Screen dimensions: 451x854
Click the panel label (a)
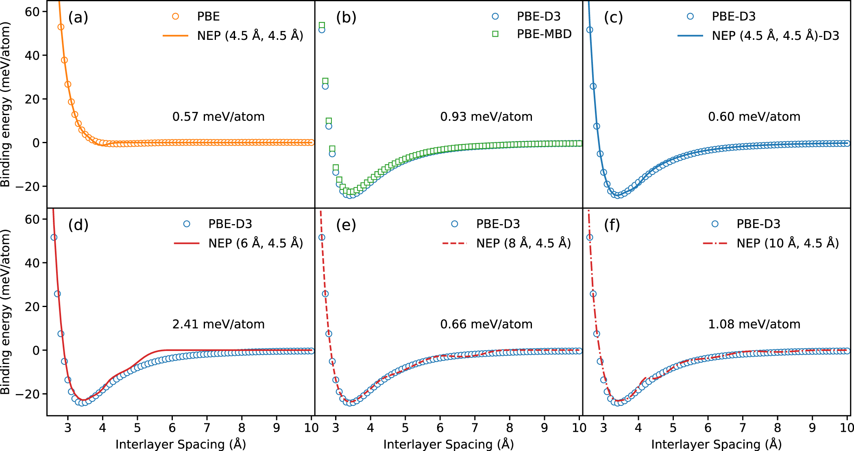[x=78, y=17]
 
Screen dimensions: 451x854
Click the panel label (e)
[x=346, y=225]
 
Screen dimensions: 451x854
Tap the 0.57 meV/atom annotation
[x=218, y=117]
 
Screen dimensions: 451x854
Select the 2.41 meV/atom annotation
[x=218, y=324]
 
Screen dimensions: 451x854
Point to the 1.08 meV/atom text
[x=754, y=324]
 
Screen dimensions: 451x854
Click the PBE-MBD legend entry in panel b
[x=544, y=34]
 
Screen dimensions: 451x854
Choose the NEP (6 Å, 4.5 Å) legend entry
[x=255, y=243]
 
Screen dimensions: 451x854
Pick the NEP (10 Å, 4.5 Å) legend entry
[x=787, y=243]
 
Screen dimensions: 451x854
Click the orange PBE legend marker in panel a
[x=175, y=16]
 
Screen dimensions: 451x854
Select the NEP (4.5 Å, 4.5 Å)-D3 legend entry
[x=775, y=36]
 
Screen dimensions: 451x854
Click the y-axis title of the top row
[x=5, y=105]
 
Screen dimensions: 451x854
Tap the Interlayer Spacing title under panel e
[x=448, y=444]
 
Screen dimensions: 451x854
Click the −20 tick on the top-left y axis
[x=28, y=187]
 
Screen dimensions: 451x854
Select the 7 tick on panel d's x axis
[x=207, y=428]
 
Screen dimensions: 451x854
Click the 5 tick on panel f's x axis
[x=673, y=428]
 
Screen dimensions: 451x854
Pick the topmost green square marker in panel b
[x=322, y=25]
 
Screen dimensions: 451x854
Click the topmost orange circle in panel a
[x=61, y=27]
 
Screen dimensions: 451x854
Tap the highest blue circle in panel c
[x=589, y=30]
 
